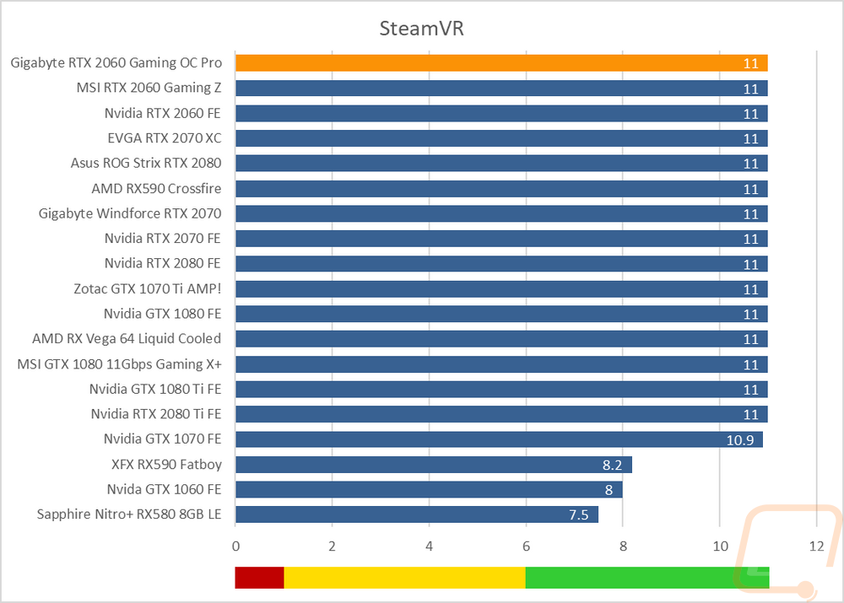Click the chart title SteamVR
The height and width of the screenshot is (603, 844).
pyautogui.click(x=421, y=29)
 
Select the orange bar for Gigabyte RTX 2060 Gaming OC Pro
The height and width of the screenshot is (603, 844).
pyautogui.click(x=501, y=63)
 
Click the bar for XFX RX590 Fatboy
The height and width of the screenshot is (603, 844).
pyautogui.click(x=434, y=465)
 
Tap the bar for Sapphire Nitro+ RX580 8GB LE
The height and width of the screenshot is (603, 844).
pyautogui.click(x=417, y=514)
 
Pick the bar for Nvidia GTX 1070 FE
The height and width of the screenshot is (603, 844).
pyautogui.click(x=499, y=439)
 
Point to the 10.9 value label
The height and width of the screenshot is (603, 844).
pyautogui.click(x=740, y=440)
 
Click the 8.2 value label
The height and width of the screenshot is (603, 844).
pyautogui.click(x=612, y=465)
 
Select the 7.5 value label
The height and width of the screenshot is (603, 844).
pyautogui.click(x=579, y=514)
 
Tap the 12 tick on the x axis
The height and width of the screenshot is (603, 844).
pyautogui.click(x=816, y=546)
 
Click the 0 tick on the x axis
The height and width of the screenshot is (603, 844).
pyautogui.click(x=235, y=546)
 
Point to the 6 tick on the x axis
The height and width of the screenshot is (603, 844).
pyautogui.click(x=526, y=546)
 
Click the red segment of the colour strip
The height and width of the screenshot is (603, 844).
pyautogui.click(x=259, y=577)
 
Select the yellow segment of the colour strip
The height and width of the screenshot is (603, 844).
pyautogui.click(x=405, y=577)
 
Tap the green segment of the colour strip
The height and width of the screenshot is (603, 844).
pyautogui.click(x=647, y=577)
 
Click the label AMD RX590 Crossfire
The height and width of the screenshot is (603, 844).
pyautogui.click(x=157, y=189)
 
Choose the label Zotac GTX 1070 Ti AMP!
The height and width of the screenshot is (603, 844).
pyautogui.click(x=148, y=289)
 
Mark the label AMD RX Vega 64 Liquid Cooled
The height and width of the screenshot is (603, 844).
pyautogui.click(x=127, y=339)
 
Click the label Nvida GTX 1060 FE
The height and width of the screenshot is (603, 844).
pyautogui.click(x=165, y=489)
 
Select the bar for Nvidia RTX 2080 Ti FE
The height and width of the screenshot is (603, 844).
pyautogui.click(x=501, y=414)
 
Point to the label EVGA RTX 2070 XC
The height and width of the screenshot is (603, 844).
pyautogui.click(x=165, y=138)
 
